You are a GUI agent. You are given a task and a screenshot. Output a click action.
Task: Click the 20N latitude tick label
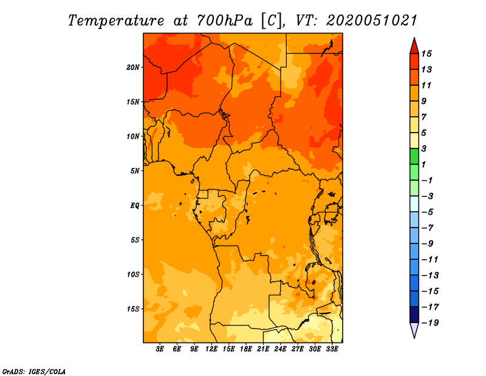coord(132,67)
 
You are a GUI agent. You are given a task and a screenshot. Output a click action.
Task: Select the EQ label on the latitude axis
coord(135,206)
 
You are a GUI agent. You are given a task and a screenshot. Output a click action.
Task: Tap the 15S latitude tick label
coord(132,309)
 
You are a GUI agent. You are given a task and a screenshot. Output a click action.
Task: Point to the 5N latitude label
coord(135,171)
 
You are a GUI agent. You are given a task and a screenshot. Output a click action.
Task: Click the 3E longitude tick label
coord(160,349)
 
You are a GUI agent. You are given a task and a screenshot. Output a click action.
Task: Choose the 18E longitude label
coord(246,349)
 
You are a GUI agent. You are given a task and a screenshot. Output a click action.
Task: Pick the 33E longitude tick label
coord(332,349)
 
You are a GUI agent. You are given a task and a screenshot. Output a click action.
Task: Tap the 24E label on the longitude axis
coord(280,349)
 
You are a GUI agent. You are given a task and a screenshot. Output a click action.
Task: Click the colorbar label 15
coord(426,54)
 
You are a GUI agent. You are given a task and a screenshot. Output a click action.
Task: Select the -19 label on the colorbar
coord(431,323)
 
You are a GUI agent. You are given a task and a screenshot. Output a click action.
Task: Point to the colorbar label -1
coord(427,180)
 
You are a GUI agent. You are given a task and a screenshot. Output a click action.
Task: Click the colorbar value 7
coord(424,117)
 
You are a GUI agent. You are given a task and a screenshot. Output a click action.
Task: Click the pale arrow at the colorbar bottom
coord(414,329)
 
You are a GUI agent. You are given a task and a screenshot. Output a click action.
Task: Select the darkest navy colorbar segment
coord(414,315)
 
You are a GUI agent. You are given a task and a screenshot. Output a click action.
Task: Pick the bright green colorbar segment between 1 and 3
coord(414,156)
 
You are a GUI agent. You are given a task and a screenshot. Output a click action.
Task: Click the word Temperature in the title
coord(116,21)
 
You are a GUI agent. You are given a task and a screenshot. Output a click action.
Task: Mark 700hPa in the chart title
coord(225,21)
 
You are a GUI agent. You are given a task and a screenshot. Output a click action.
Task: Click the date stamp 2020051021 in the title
coord(372,21)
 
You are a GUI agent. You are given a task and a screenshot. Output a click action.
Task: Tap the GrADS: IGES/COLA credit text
coord(34,372)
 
